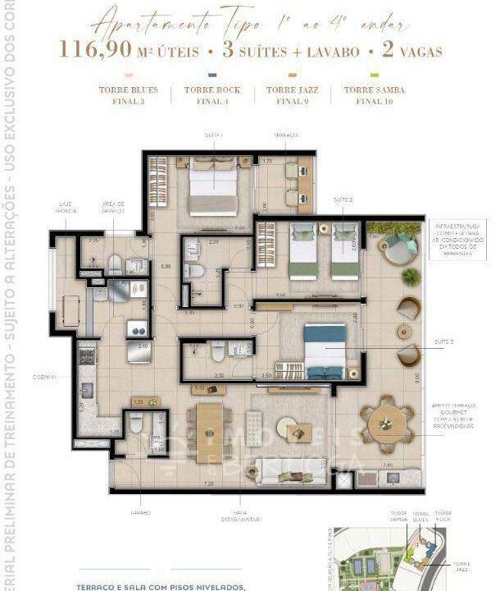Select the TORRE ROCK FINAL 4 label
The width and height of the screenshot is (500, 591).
pyautogui.click(x=211, y=95)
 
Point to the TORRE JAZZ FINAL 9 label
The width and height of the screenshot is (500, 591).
pyautogui.click(x=293, y=95)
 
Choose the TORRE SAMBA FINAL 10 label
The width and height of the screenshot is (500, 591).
pyautogui.click(x=374, y=95)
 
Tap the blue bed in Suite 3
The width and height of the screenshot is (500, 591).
pyautogui.click(x=325, y=349)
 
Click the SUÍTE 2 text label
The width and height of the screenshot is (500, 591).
pyautogui.click(x=343, y=200)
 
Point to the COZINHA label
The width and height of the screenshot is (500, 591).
pyautogui.click(x=44, y=377)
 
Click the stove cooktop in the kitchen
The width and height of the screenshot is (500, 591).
pyautogui.click(x=86, y=357)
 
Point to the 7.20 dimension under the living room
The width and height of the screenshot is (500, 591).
pyautogui.click(x=208, y=485)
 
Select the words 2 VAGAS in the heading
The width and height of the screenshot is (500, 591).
pyautogui.click(x=410, y=51)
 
